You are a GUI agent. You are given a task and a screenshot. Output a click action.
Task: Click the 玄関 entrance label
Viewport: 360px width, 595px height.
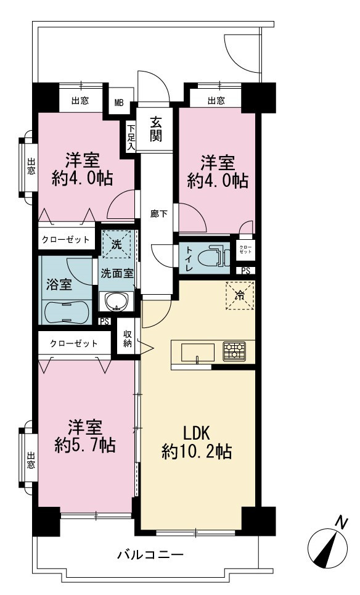click(x=155, y=129)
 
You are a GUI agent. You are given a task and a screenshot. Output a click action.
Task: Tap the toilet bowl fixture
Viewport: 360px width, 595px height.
click(x=214, y=256)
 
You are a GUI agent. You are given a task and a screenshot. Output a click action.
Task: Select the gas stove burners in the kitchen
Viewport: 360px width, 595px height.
click(x=234, y=351)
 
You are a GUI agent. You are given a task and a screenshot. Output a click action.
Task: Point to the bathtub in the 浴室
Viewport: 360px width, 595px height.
click(x=67, y=312)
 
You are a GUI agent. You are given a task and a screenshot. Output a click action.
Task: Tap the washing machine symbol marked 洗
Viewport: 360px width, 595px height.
click(x=117, y=244)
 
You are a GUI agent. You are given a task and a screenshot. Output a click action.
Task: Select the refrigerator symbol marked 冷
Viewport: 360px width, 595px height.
click(x=240, y=295)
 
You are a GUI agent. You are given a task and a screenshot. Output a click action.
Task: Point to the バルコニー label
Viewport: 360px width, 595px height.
click(x=150, y=555)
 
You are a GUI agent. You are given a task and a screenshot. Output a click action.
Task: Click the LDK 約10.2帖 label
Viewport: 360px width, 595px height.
click(x=197, y=442)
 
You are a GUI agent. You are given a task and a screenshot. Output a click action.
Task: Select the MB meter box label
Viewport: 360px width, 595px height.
click(x=119, y=103)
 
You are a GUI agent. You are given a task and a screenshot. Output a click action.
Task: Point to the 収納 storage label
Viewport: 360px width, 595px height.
click(x=128, y=339)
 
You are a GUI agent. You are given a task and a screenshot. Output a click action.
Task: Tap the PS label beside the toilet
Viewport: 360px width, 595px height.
click(x=246, y=271)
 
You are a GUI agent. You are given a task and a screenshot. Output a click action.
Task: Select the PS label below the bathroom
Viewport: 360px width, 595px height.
click(x=105, y=322)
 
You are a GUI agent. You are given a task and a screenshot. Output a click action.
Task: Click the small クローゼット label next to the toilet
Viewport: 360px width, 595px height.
click(x=245, y=249)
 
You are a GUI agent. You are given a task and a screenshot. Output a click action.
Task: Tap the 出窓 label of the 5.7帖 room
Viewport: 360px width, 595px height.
click(x=31, y=460)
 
